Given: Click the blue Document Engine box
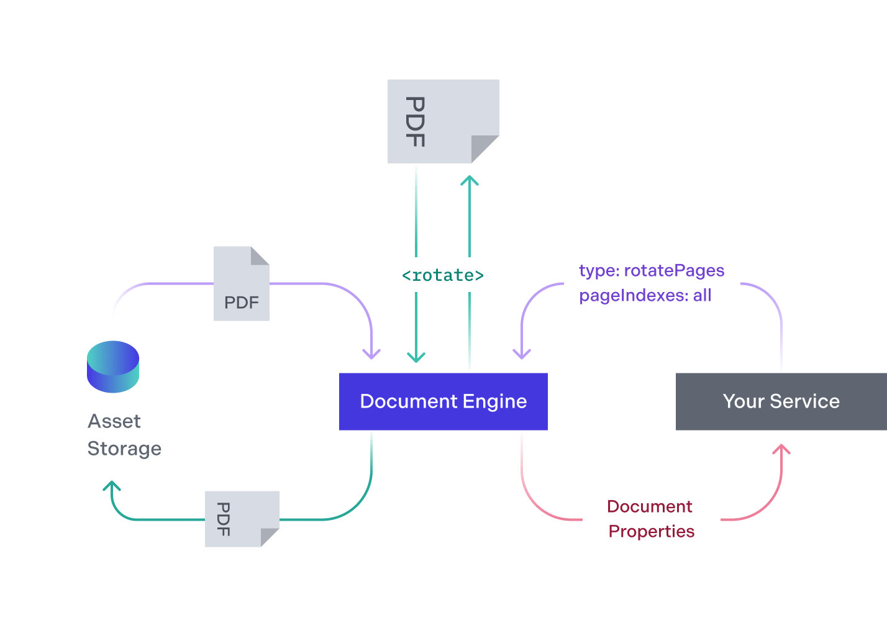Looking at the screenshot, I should coord(443,401).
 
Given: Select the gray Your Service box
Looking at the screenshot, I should coord(781,401).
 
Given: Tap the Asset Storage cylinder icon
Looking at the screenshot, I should coord(113,367).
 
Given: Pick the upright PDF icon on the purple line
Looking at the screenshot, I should coord(241,284).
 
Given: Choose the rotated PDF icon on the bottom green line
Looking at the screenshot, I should coord(242,519).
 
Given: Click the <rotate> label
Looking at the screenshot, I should coord(442,275).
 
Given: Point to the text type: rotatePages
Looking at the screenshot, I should coord(652,271).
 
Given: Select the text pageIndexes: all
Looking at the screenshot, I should coord(645,296).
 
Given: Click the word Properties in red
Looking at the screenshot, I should coord(651,532).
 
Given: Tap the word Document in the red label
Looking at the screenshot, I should coord(650,507).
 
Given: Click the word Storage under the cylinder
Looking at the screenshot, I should coord(124,449).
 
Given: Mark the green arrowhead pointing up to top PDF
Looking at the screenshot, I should coord(470,181).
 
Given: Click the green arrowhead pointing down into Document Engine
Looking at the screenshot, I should coord(416,357).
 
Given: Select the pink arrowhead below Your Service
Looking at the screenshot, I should coord(781,449).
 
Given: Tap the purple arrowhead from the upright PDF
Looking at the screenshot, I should coord(371,354).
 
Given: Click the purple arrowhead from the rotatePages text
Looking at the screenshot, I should coord(522,354).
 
